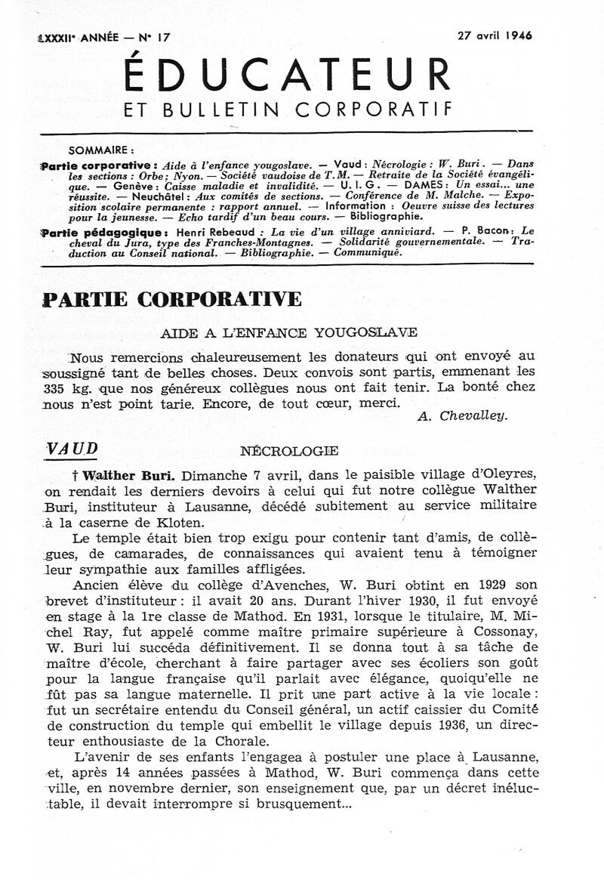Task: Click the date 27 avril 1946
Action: [495, 36]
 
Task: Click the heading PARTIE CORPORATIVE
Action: [172, 298]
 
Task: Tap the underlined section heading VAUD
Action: [72, 448]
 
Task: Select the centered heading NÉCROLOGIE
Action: [288, 452]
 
